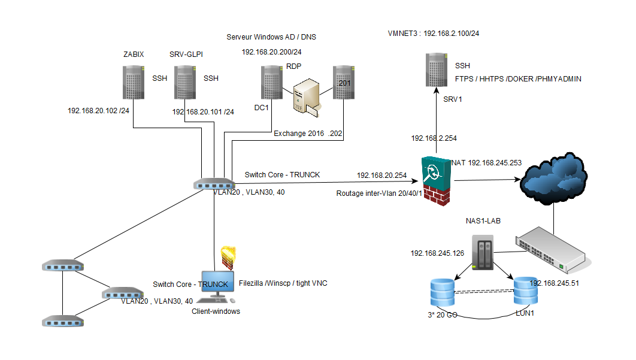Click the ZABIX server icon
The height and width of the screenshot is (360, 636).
click(x=134, y=82)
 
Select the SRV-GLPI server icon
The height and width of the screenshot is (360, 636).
click(x=185, y=82)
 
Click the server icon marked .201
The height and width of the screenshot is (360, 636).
click(x=343, y=82)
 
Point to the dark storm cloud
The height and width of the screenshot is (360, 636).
click(x=552, y=176)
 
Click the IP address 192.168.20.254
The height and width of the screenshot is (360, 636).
click(x=382, y=176)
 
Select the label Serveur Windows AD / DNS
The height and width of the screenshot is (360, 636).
click(x=271, y=37)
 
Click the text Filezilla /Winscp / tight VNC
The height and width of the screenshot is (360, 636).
click(x=283, y=283)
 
